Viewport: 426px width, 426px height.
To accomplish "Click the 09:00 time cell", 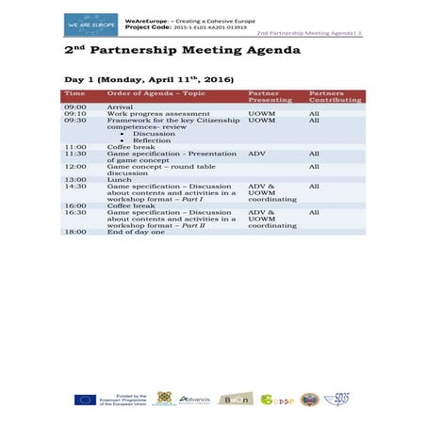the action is (75, 106).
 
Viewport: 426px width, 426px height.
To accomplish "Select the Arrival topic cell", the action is (120, 106).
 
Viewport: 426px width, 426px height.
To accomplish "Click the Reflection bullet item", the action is (152, 139).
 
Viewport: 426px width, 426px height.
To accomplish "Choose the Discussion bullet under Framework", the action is (155, 133).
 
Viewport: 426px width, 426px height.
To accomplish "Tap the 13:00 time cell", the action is (75, 179).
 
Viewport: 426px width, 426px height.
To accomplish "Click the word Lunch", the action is (119, 179).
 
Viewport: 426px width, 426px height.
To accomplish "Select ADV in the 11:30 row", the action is (256, 153).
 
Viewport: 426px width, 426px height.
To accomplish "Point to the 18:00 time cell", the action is (75, 232).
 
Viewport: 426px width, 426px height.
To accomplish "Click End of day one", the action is (136, 232).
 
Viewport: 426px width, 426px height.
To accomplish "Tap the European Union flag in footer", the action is (85, 400).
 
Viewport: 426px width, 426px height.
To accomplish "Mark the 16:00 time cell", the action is (75, 205).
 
